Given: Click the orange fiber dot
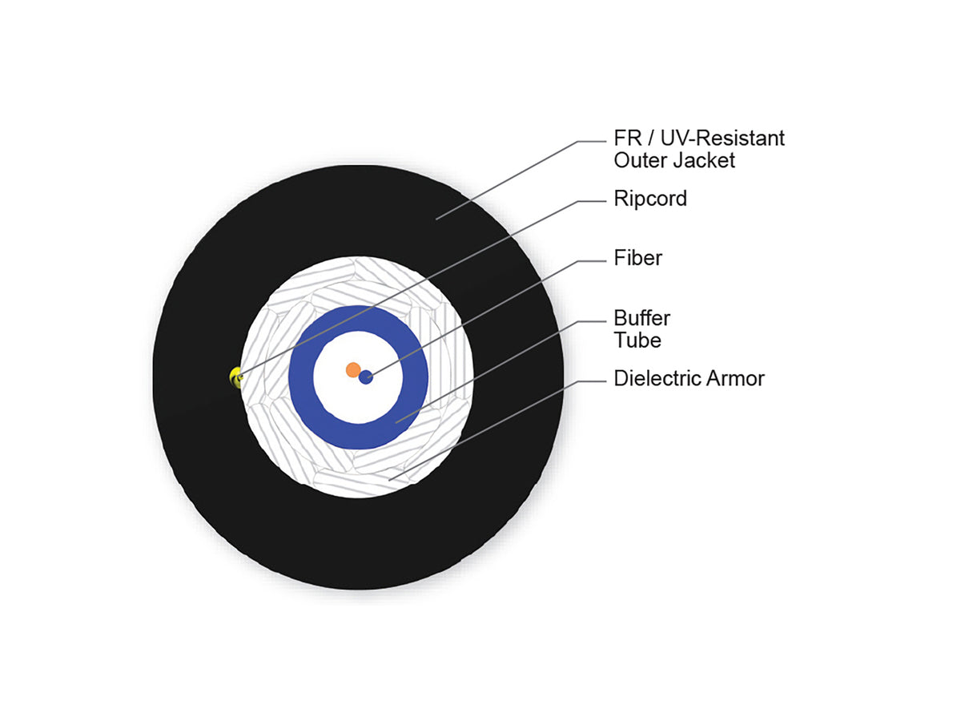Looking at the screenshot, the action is coord(353,369).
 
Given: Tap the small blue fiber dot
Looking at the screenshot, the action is coord(365,377).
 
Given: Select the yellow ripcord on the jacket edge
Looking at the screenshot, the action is coord(235,377).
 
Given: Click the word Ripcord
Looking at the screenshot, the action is coord(649,199).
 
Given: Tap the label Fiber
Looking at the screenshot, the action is coord(637,258).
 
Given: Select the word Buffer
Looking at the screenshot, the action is coord(641,318).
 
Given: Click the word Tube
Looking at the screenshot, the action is coord(637,340).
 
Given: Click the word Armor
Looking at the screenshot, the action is coord(735,378).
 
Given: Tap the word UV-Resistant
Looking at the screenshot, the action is coord(722,139).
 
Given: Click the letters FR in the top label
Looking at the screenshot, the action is coord(629,139).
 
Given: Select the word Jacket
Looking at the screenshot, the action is coord(704,160).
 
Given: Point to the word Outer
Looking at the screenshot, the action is coord(641,160).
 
